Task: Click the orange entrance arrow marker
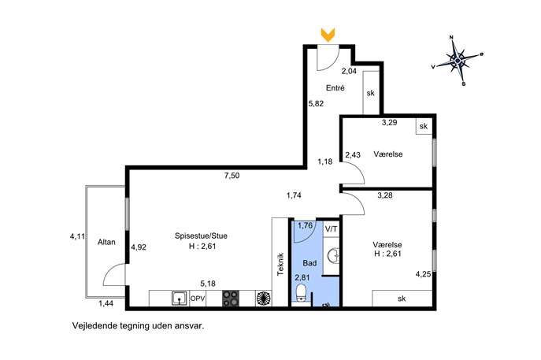pyautogui.click(x=328, y=35)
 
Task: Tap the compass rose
pyautogui.click(x=458, y=61)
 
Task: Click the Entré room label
pyautogui.click(x=335, y=88)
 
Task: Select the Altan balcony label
pyautogui.click(x=106, y=242)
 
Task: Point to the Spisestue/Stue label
pyautogui.click(x=201, y=236)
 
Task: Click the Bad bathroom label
pyautogui.click(x=309, y=263)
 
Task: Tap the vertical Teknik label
pyautogui.click(x=280, y=264)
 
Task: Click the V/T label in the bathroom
pyautogui.click(x=332, y=228)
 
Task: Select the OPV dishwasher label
pyautogui.click(x=198, y=299)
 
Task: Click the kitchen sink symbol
pyautogui.click(x=180, y=299)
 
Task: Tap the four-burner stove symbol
pyautogui.click(x=231, y=299)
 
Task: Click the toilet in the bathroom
pyautogui.click(x=301, y=293)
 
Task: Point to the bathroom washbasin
pyautogui.click(x=334, y=256)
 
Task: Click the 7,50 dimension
pyautogui.click(x=232, y=176)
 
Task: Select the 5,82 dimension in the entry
pyautogui.click(x=316, y=103)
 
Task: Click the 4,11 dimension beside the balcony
pyautogui.click(x=77, y=236)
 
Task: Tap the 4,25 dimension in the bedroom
pyautogui.click(x=423, y=274)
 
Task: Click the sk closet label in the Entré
pyautogui.click(x=371, y=93)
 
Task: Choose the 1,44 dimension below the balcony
pyautogui.click(x=106, y=304)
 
